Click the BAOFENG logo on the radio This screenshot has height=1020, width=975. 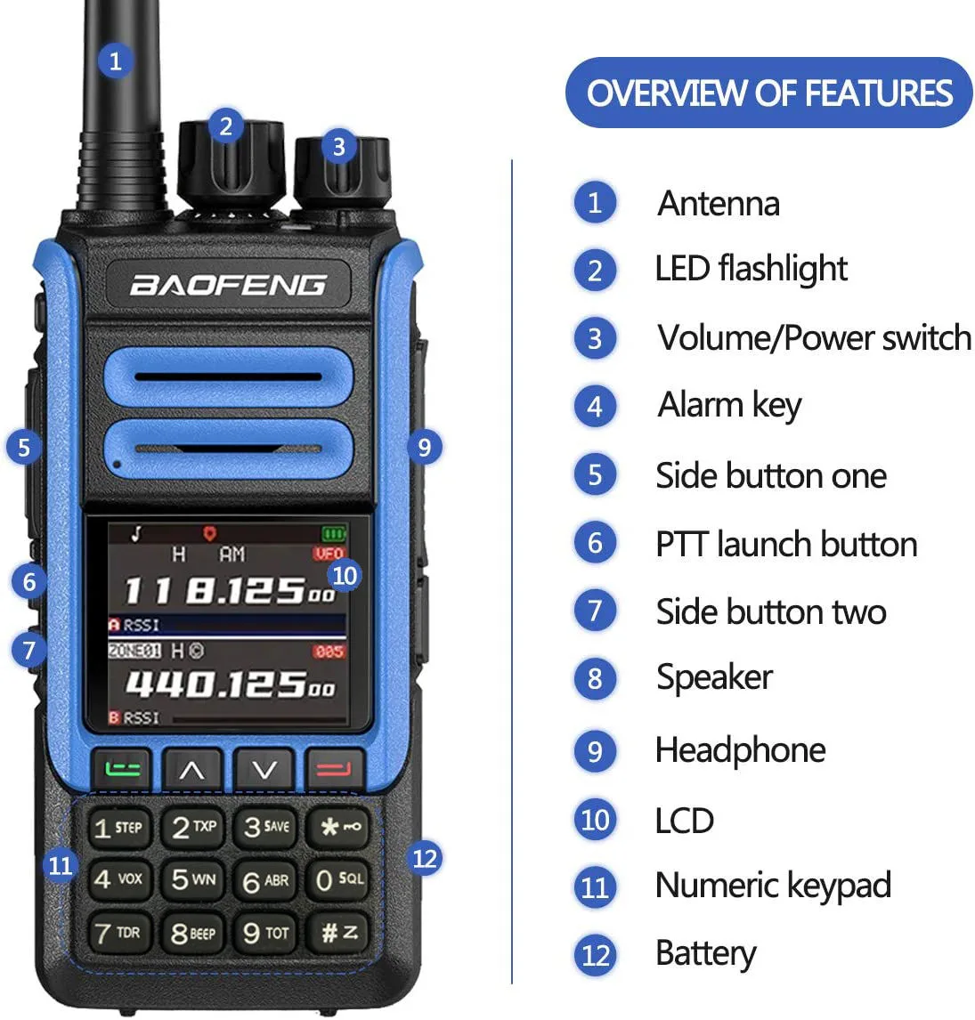(x=228, y=285)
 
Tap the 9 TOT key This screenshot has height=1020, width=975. (x=265, y=933)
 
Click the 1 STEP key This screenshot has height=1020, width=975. (x=118, y=828)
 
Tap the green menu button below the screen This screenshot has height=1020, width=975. (x=122, y=770)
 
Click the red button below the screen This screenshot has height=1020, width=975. (x=334, y=770)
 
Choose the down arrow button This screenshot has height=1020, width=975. (x=263, y=770)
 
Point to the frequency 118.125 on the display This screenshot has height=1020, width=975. (x=229, y=591)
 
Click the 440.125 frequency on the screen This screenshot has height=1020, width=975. (x=231, y=684)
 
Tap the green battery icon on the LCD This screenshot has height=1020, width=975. (x=334, y=534)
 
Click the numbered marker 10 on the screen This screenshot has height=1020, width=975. (x=345, y=575)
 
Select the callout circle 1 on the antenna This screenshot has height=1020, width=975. (x=115, y=61)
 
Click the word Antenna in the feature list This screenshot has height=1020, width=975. (x=719, y=204)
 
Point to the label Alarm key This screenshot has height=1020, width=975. (x=729, y=405)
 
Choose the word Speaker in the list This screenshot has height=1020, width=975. (x=715, y=678)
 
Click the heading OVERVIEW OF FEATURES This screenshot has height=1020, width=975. (x=769, y=93)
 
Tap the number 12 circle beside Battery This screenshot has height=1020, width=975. (x=595, y=955)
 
